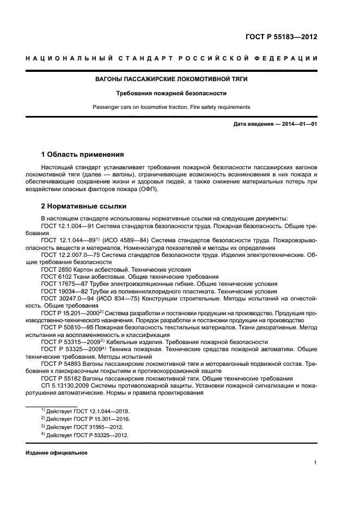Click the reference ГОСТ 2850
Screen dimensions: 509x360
pos(56,269)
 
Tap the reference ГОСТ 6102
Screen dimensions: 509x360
pos(56,277)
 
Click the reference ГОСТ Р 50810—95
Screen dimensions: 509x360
pos(69,328)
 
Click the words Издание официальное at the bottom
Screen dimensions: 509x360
pos(57,453)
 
